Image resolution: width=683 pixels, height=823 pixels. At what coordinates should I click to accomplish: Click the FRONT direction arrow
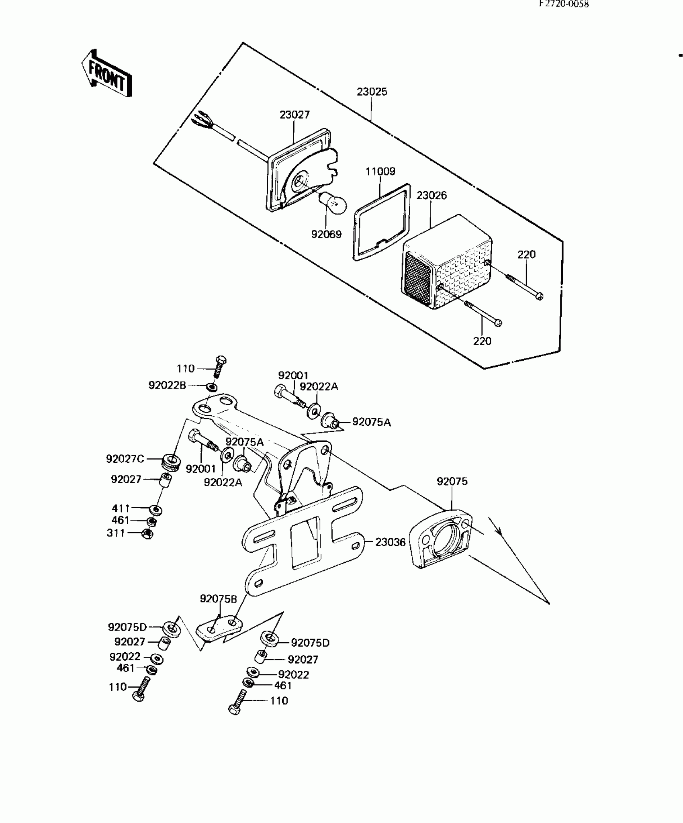point(107,75)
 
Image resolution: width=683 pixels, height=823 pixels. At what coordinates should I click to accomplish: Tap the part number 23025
point(372,92)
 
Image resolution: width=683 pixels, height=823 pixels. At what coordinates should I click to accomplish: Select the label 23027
point(295,115)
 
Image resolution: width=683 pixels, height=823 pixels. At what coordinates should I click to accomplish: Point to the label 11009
point(380,172)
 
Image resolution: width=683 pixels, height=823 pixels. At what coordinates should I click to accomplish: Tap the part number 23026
point(431,196)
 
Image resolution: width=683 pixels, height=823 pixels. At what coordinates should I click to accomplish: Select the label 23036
point(390,543)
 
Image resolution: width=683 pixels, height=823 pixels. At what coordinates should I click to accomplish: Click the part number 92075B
point(219,611)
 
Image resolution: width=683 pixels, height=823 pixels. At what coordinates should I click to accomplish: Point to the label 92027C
point(125,459)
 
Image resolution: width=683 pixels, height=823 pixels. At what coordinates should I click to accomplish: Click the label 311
point(116,533)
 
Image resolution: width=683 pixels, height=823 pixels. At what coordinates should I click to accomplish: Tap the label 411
point(121,509)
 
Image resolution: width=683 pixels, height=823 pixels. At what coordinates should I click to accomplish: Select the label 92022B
point(167,386)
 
